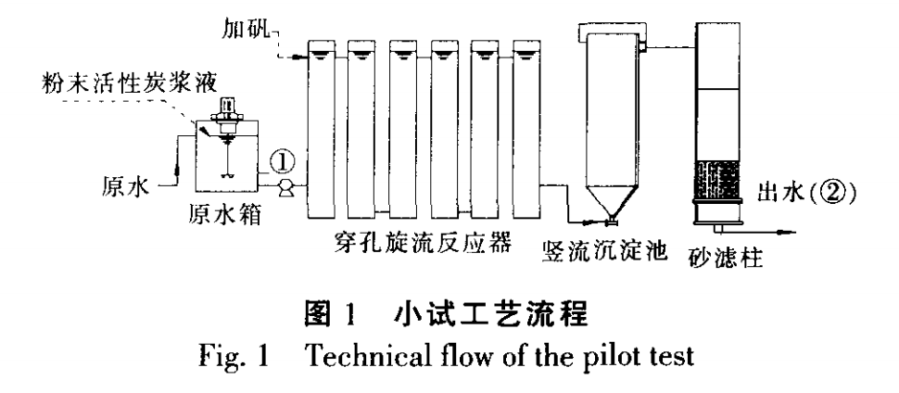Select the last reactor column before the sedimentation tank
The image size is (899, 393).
[527, 120]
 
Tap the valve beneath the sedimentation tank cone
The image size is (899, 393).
[609, 222]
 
